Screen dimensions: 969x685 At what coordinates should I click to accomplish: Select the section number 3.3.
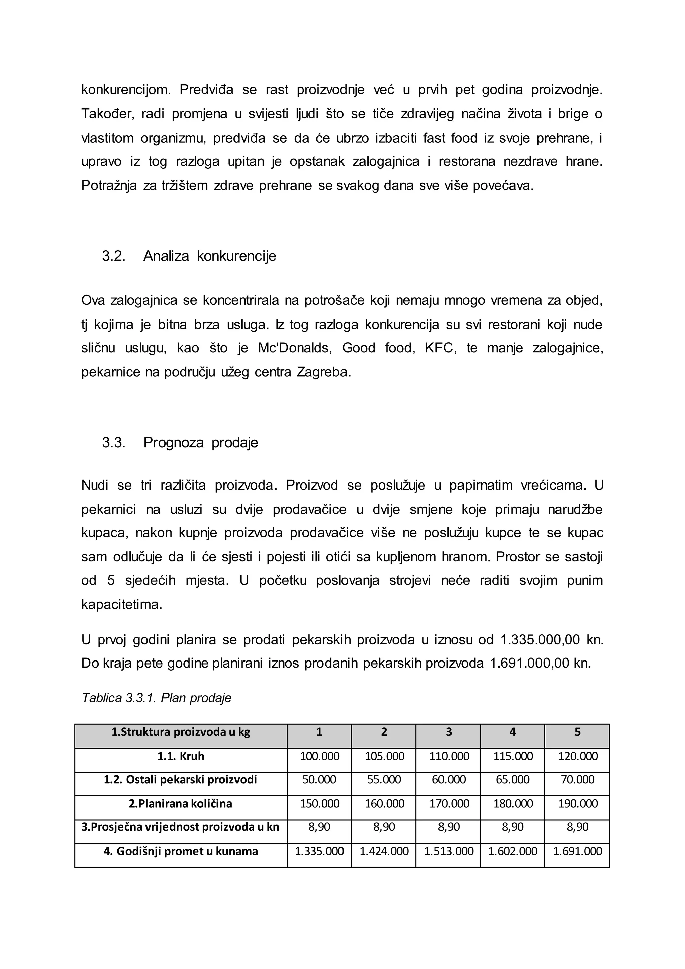113,443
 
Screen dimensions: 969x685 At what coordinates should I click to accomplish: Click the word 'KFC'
441,348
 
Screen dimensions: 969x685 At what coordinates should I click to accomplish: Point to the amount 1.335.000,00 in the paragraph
540,640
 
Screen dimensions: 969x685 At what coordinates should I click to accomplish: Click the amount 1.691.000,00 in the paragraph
529,664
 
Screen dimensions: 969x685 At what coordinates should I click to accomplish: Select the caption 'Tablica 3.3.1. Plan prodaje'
157,698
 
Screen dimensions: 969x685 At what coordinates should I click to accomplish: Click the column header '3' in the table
449,732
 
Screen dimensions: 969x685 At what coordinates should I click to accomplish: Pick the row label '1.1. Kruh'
181,756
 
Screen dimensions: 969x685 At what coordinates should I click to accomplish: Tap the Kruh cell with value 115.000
513,756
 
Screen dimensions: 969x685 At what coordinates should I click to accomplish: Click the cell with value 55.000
384,780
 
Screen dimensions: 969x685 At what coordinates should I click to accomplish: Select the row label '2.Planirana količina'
181,804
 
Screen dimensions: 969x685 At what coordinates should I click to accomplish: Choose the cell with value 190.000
577,804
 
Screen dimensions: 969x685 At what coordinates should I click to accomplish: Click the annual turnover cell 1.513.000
449,851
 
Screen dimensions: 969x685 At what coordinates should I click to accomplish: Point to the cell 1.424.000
384,851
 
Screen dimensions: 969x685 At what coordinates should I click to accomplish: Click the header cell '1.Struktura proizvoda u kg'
181,732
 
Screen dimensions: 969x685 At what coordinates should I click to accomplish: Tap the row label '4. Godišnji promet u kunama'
181,851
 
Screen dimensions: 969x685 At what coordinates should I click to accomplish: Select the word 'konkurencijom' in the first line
126,90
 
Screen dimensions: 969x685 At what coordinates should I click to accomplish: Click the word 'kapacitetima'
121,604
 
